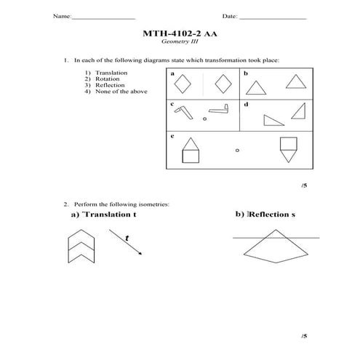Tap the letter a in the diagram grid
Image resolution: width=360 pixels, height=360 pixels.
(172, 74)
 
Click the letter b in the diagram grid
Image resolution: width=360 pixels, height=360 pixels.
(245, 74)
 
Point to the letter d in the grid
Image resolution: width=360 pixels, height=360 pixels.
(245, 105)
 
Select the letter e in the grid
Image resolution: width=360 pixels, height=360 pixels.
(172, 135)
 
